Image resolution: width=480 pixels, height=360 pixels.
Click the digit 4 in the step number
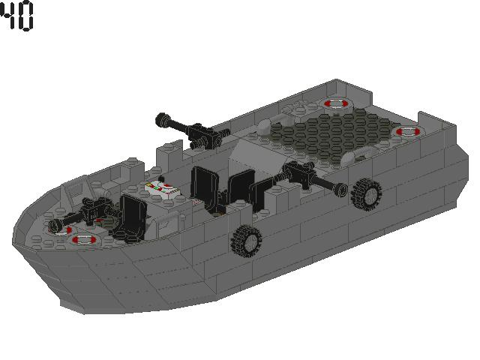pyautogui.click(x=8, y=17)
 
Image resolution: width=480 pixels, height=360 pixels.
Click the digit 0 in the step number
pyautogui.click(x=26, y=17)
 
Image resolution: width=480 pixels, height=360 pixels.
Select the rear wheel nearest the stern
pyautogui.click(x=365, y=194)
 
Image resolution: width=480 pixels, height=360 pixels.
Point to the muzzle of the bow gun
pyautogui.click(x=54, y=226)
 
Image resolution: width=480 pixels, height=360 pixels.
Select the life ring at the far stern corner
pyautogui.click(x=332, y=103)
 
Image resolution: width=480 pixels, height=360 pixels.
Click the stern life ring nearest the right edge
pyautogui.click(x=407, y=131)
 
